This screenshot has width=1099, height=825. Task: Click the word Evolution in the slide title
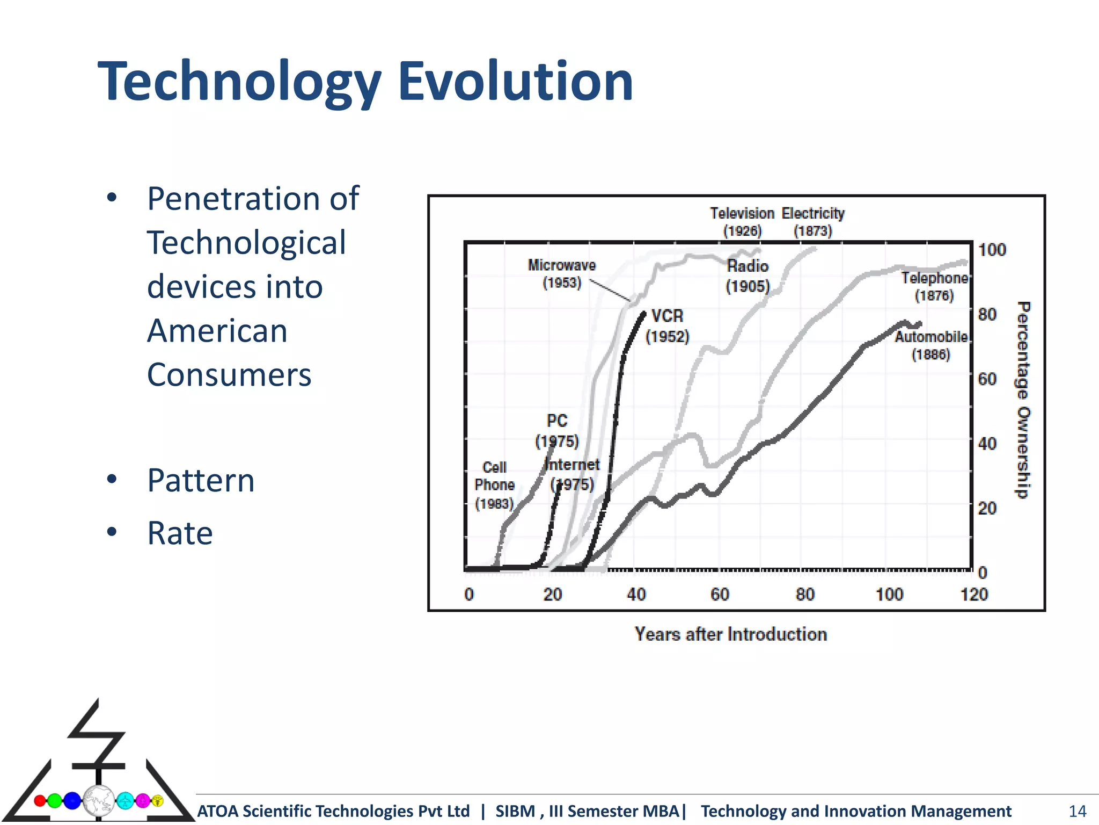tap(515, 82)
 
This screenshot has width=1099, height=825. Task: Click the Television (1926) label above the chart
tap(742, 222)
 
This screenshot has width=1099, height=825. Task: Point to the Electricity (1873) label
tap(813, 222)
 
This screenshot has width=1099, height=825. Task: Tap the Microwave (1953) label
tap(562, 273)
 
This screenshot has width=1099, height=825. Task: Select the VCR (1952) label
tap(667, 325)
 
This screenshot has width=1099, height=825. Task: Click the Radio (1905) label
tap(748, 276)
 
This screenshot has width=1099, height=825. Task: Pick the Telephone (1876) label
tap(934, 286)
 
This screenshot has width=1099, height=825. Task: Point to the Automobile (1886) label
tap(931, 345)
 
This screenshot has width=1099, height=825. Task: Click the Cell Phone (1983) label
tap(494, 485)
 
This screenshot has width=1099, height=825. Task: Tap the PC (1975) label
tap(557, 430)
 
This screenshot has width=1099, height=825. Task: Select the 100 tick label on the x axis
tap(889, 594)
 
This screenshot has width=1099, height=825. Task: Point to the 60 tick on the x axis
tap(720, 594)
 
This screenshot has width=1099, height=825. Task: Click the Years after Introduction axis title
tap(730, 634)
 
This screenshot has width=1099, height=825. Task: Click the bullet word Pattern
tap(201, 480)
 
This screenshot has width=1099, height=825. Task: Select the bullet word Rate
tap(180, 533)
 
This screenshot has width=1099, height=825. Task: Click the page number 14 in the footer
tap(1077, 811)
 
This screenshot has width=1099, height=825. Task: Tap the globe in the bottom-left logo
tap(99, 801)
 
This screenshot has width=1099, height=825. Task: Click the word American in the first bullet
tap(217, 330)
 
